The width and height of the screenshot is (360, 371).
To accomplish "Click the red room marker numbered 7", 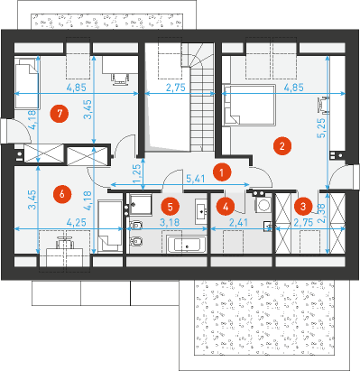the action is (x=60, y=114).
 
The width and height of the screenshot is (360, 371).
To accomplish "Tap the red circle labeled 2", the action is (x=282, y=146).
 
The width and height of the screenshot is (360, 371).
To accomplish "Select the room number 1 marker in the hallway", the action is (x=222, y=172).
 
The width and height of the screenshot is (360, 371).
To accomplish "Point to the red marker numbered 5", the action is (x=171, y=207).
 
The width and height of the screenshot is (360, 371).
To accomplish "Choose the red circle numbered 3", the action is (x=303, y=207).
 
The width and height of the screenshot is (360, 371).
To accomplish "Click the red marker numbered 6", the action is (x=62, y=194).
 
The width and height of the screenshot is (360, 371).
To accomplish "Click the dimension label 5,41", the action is (x=196, y=179).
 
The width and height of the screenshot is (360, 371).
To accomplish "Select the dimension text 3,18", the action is (x=170, y=223).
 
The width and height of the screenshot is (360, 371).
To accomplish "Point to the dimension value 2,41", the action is (x=239, y=223).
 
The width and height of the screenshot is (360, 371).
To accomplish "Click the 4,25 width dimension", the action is (x=77, y=223).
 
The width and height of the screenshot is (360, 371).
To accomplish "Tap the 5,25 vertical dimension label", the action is (x=321, y=127).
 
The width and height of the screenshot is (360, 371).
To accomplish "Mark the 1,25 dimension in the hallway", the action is (x=137, y=173).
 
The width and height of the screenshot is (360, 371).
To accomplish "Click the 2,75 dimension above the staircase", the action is (x=176, y=88).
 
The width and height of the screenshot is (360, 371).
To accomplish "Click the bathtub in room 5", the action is (x=187, y=245).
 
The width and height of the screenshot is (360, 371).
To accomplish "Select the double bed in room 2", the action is (x=249, y=106).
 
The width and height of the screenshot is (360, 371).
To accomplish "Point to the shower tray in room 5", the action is (x=141, y=204).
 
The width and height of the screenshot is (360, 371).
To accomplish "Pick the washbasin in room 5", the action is (x=201, y=211).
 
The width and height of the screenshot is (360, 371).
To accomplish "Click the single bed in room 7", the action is (x=27, y=83).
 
